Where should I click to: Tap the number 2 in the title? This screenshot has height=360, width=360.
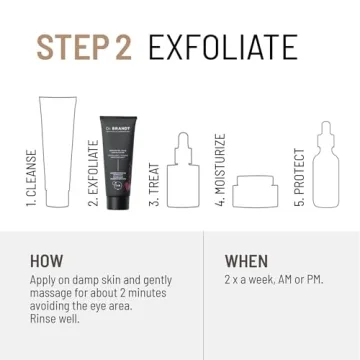point(126,46)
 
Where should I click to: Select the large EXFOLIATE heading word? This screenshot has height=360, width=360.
point(221,46)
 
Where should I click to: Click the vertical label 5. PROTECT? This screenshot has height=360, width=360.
point(297,178)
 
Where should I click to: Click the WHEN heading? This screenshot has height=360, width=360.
point(246,260)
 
